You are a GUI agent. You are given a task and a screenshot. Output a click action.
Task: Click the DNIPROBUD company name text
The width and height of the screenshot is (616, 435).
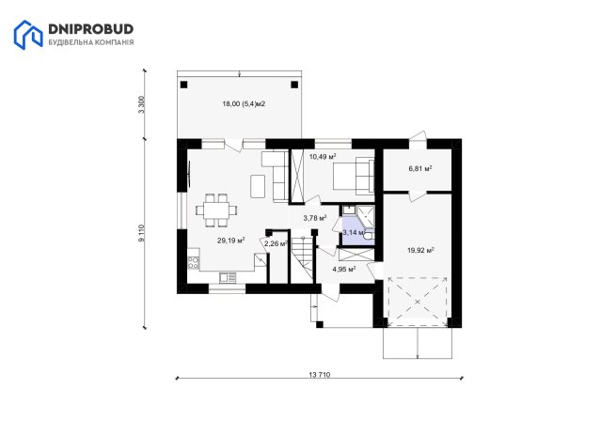point(90,29)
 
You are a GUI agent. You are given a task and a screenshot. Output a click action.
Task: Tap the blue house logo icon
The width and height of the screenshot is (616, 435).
point(28,35)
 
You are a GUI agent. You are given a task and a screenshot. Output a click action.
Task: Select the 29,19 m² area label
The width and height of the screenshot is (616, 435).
point(231,241)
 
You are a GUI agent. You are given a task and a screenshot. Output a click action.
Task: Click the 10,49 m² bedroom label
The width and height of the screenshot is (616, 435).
point(323,157)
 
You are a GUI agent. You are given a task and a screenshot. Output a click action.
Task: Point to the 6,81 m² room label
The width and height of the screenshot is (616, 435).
point(420,168)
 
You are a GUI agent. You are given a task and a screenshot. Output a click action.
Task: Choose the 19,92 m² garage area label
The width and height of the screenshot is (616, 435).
point(420,250)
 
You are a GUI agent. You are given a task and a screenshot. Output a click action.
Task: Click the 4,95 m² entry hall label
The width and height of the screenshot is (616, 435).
point(344,269)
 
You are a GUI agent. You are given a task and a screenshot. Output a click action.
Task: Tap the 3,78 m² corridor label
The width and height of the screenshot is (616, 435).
point(315,218)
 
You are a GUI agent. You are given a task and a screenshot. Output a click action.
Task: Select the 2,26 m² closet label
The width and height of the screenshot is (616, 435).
point(276,243)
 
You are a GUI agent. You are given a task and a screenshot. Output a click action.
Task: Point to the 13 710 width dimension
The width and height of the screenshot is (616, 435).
point(320,375)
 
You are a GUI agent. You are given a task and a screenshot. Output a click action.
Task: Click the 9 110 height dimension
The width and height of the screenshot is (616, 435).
point(141,233)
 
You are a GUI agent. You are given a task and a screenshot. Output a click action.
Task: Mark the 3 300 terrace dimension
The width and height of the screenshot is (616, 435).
point(141,104)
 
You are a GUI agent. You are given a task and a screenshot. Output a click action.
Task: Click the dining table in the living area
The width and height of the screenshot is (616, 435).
point(216,210)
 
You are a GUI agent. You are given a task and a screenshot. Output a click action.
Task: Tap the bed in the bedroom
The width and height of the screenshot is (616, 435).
point(354,177)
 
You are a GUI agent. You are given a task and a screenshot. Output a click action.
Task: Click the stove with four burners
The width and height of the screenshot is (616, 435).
point(194,262)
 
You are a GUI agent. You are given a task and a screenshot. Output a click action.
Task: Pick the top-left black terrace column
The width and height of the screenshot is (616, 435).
point(183,85)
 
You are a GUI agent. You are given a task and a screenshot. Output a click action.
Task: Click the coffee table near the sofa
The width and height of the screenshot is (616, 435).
point(258,186)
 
